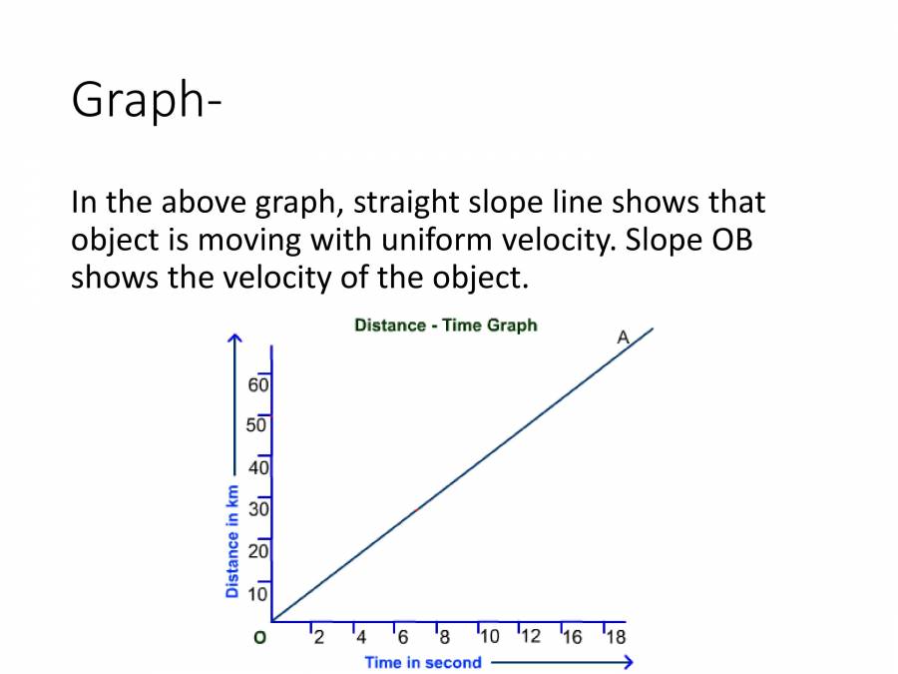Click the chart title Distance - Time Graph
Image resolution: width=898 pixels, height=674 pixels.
click(x=445, y=326)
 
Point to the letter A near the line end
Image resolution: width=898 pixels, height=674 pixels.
click(x=623, y=337)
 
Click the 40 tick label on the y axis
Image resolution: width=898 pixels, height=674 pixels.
click(x=259, y=466)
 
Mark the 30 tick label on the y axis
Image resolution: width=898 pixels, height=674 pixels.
click(x=259, y=509)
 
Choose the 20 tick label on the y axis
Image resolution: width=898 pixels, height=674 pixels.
click(x=259, y=551)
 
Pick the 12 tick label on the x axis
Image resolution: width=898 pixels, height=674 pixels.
click(x=530, y=637)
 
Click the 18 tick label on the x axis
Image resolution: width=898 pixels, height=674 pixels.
click(x=616, y=637)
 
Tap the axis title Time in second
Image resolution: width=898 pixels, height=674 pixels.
click(x=423, y=662)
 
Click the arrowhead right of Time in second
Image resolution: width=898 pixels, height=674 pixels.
click(x=626, y=662)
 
